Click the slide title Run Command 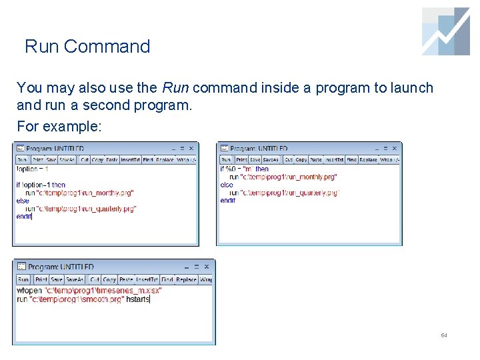87,47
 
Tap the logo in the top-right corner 446,31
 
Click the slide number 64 443,335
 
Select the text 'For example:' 59,125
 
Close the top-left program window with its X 191,148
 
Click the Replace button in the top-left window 165,160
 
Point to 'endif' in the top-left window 24,216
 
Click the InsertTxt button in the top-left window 131,160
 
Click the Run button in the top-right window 226,160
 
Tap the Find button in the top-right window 351,160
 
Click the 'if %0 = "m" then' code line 244,169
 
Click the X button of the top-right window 395,148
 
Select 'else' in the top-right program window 227,185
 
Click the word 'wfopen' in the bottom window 29,291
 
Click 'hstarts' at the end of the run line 137,299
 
